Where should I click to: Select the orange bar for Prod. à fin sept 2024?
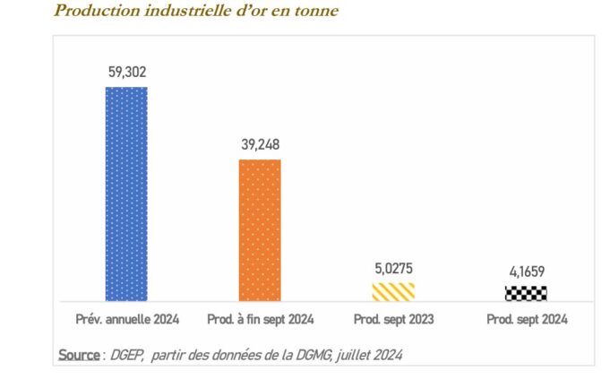(x=259, y=229)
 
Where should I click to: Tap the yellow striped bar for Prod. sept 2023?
(x=392, y=292)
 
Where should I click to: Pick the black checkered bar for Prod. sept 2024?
(x=526, y=294)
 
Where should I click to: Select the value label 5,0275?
(x=392, y=268)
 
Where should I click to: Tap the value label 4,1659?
(x=526, y=271)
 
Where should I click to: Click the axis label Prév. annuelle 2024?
(x=126, y=319)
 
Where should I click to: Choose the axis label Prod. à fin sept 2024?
(x=259, y=319)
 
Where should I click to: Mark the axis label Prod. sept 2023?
(x=392, y=319)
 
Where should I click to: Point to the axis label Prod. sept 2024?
(x=526, y=319)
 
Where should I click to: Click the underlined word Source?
(x=79, y=355)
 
